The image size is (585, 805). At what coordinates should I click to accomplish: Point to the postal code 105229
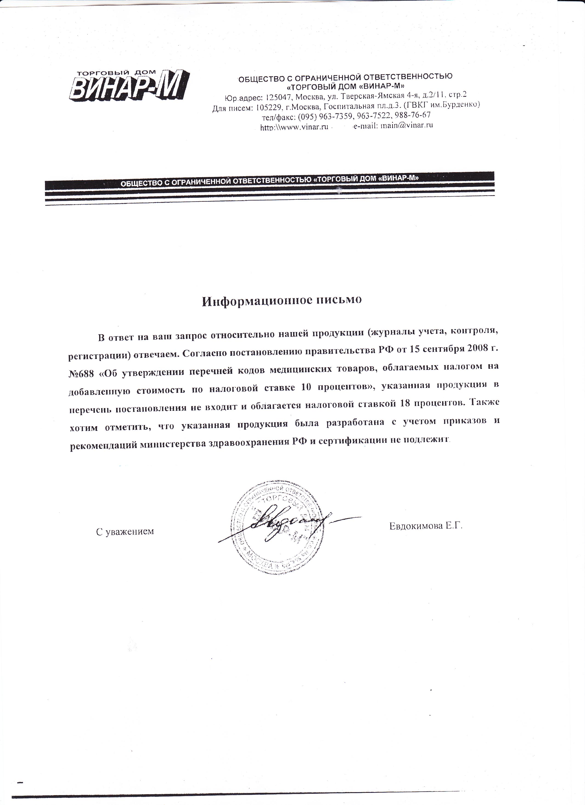click(x=267, y=106)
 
